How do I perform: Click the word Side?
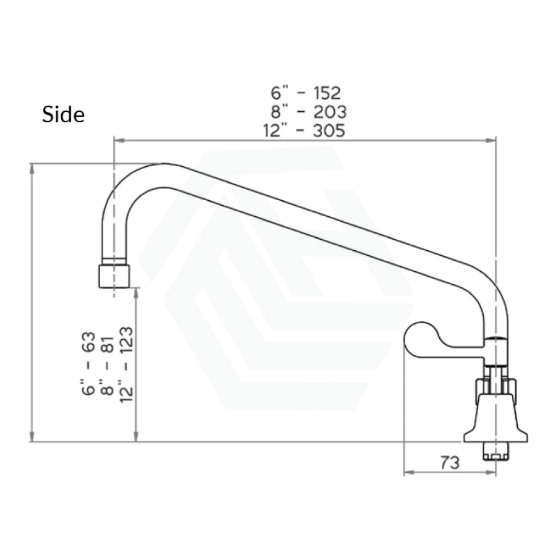63,114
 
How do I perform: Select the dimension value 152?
327,93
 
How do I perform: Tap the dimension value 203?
329,112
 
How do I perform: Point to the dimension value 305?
329,130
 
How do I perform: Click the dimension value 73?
450,462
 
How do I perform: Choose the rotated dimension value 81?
107,344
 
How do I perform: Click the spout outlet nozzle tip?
114,276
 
